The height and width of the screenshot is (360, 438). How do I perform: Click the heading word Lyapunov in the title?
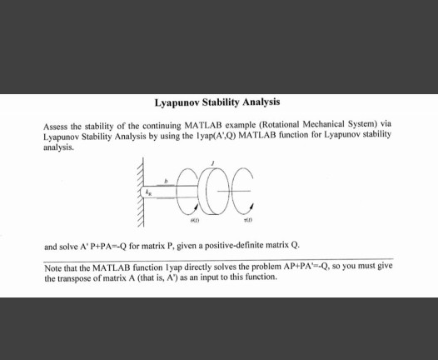tap(177, 102)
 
